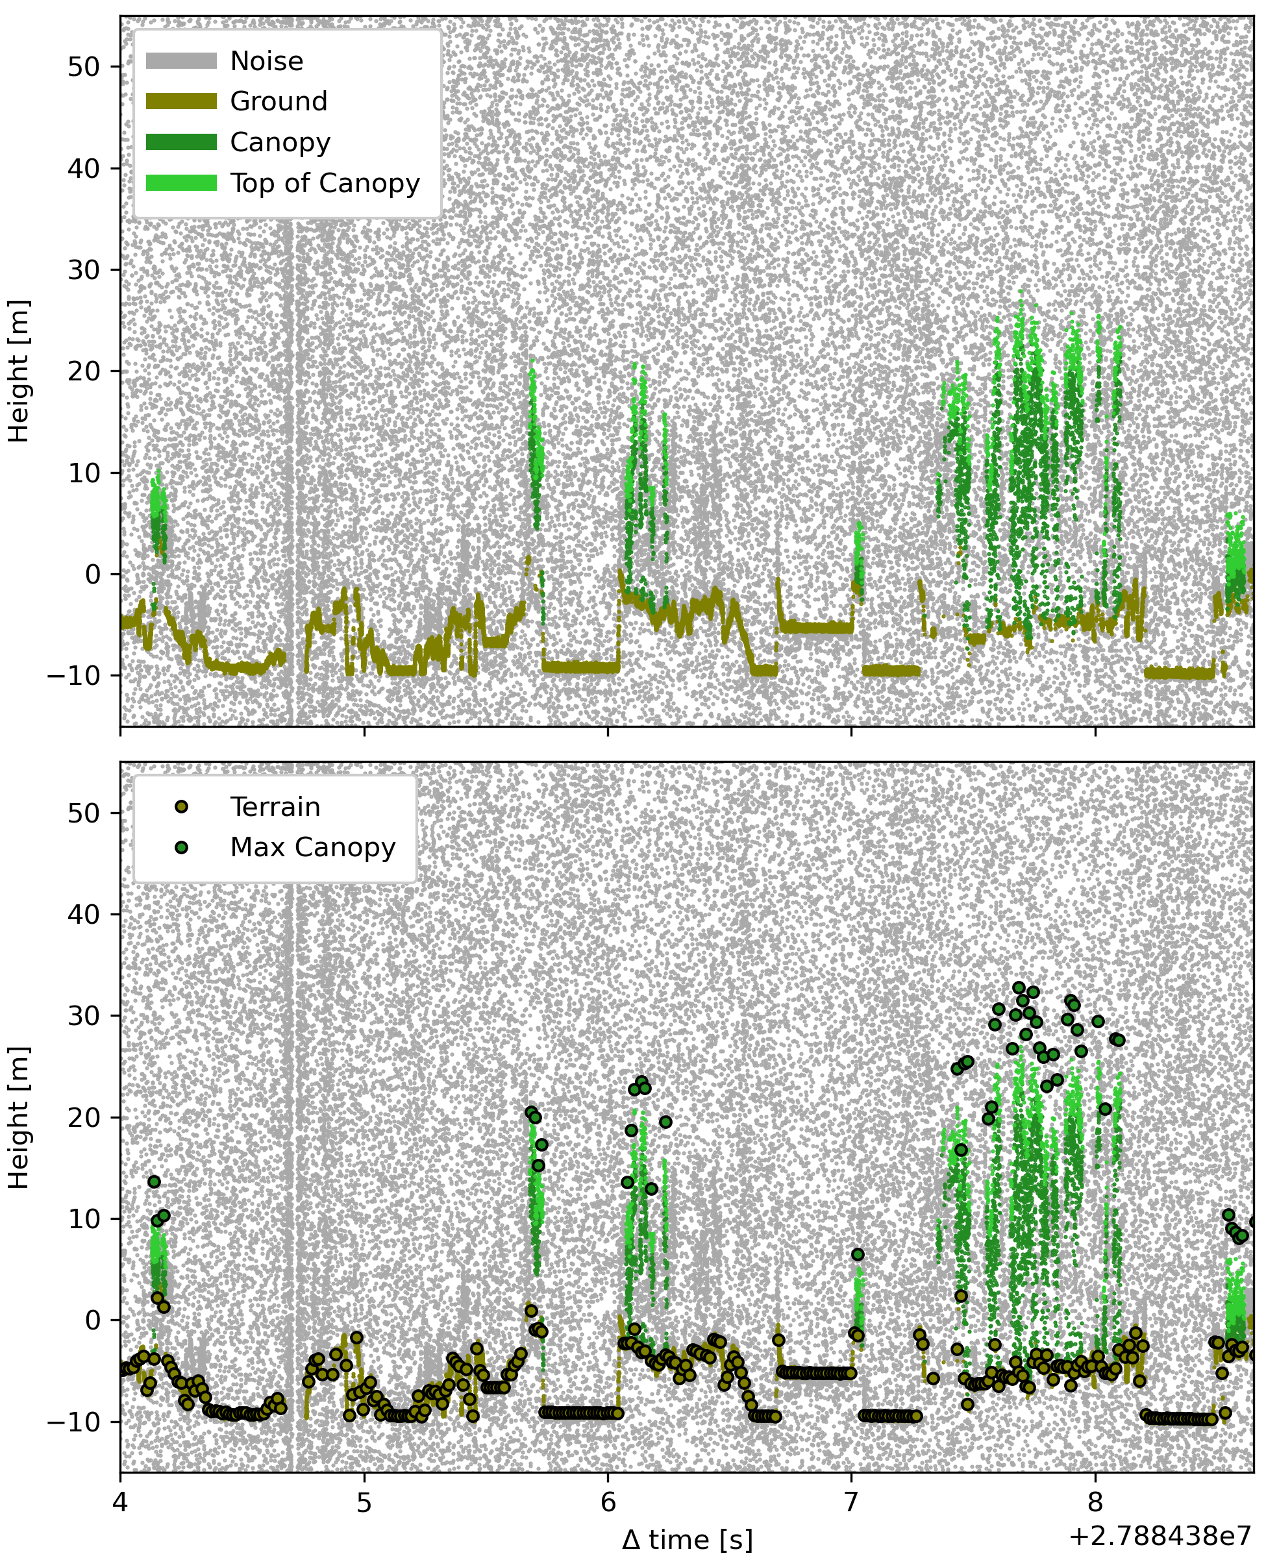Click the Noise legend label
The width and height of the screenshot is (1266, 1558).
[x=266, y=61]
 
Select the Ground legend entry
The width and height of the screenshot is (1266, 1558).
[x=279, y=101]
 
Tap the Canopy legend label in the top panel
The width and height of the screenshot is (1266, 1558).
[x=280, y=142]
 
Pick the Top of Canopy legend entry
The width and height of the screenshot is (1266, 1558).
[x=325, y=183]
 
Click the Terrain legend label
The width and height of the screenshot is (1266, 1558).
[x=275, y=807]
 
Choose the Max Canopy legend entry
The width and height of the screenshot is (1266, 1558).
[x=312, y=847]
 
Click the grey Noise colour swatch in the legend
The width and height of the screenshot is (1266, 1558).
[x=182, y=61]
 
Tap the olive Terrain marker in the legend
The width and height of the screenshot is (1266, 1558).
[x=182, y=807]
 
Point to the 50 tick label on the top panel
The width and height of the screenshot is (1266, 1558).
[x=84, y=67]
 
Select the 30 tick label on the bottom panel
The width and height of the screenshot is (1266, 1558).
[x=84, y=1015]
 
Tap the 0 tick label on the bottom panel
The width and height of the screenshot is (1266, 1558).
[x=93, y=1320]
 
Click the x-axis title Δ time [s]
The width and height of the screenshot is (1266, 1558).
[x=687, y=1540]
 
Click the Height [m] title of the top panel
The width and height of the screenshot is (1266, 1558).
[x=19, y=371]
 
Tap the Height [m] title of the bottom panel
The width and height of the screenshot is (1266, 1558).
[x=19, y=1118]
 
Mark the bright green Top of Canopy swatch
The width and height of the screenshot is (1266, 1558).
[x=182, y=183]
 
